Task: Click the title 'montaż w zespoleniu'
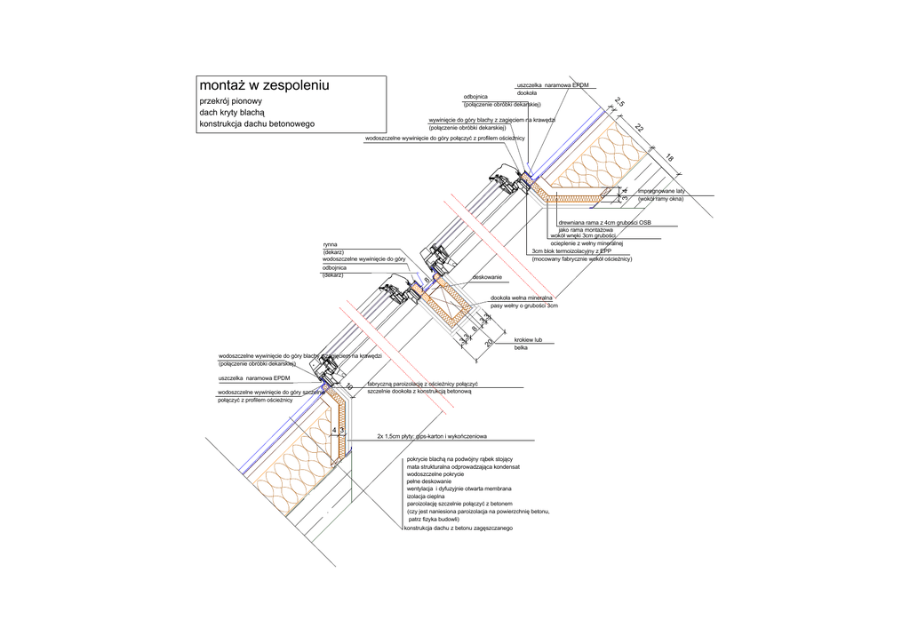tap(264, 86)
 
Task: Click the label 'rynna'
tap(330, 243)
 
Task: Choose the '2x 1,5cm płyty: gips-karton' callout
tap(434, 437)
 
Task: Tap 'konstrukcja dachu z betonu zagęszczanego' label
tap(459, 529)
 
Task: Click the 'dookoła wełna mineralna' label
tap(522, 298)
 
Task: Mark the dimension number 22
tap(639, 129)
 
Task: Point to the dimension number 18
tap(669, 158)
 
